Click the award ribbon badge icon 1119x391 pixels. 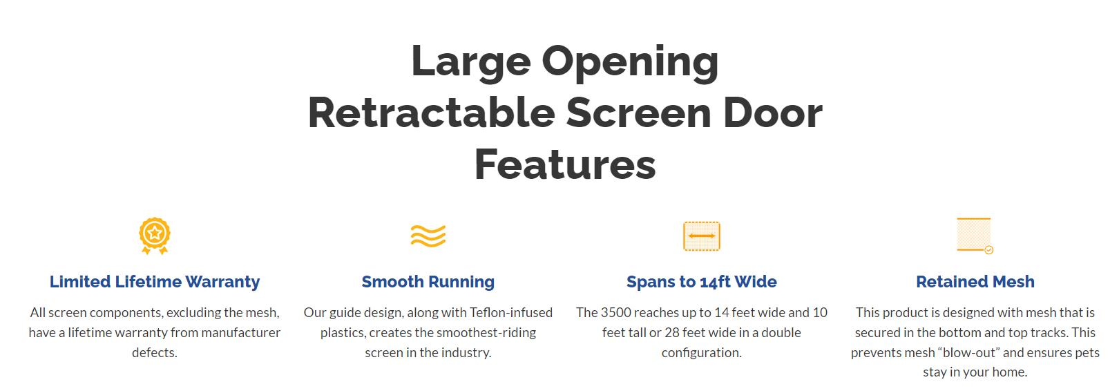click(x=154, y=236)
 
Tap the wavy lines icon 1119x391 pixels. click(x=428, y=236)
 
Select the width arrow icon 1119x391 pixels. click(x=701, y=236)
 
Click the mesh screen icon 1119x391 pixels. click(x=975, y=236)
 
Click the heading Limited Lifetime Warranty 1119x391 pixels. click(x=154, y=282)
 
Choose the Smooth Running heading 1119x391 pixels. click(x=428, y=282)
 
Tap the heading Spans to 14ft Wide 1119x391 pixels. click(x=701, y=282)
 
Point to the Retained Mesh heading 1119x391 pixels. click(x=975, y=282)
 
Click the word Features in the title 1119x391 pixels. click(x=565, y=164)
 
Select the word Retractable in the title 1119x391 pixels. click(x=432, y=113)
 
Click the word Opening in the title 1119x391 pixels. click(x=630, y=63)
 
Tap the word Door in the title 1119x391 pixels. click(x=772, y=113)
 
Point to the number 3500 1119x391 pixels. click(x=616, y=313)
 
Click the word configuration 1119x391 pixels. click(x=701, y=353)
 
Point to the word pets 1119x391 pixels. click(x=1087, y=353)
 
